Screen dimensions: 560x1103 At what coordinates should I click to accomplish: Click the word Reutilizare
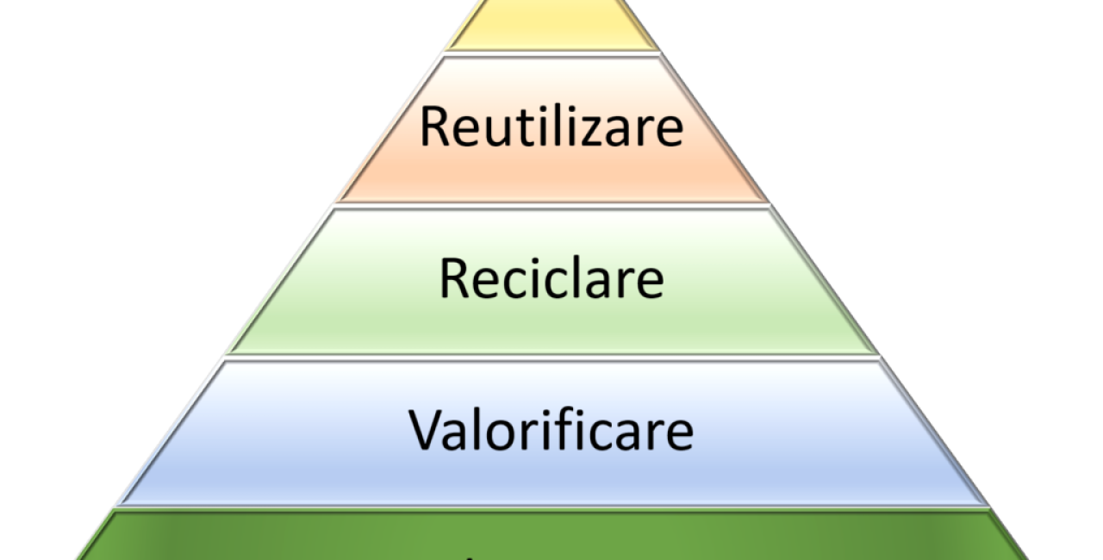(551, 127)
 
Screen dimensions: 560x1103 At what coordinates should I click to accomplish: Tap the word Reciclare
(551, 279)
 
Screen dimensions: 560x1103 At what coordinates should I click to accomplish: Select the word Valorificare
(551, 430)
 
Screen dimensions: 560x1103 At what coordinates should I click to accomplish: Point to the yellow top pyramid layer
(551, 26)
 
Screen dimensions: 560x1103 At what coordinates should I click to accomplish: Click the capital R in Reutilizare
(437, 127)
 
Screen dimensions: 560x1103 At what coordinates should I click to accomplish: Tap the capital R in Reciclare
(455, 279)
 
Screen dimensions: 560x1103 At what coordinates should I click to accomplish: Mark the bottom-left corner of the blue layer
(122, 501)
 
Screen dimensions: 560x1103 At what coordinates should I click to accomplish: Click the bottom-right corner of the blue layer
(985, 501)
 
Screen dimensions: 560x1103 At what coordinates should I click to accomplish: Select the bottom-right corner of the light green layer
(876, 352)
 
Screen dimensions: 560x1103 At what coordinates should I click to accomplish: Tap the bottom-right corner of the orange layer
(769, 201)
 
